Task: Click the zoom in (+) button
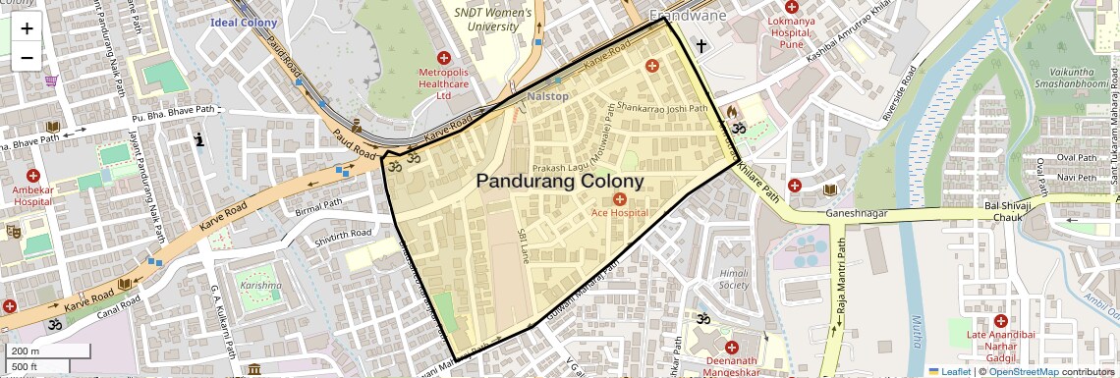(27, 28)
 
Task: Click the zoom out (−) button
(27, 57)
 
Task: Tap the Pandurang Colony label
(560, 181)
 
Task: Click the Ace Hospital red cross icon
(619, 199)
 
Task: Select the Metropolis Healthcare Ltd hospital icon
(443, 59)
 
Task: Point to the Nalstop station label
(547, 96)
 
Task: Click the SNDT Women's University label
(492, 19)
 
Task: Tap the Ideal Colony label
(244, 22)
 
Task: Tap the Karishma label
(259, 286)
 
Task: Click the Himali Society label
(733, 278)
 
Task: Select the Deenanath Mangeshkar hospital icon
(730, 347)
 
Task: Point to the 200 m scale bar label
(26, 351)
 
